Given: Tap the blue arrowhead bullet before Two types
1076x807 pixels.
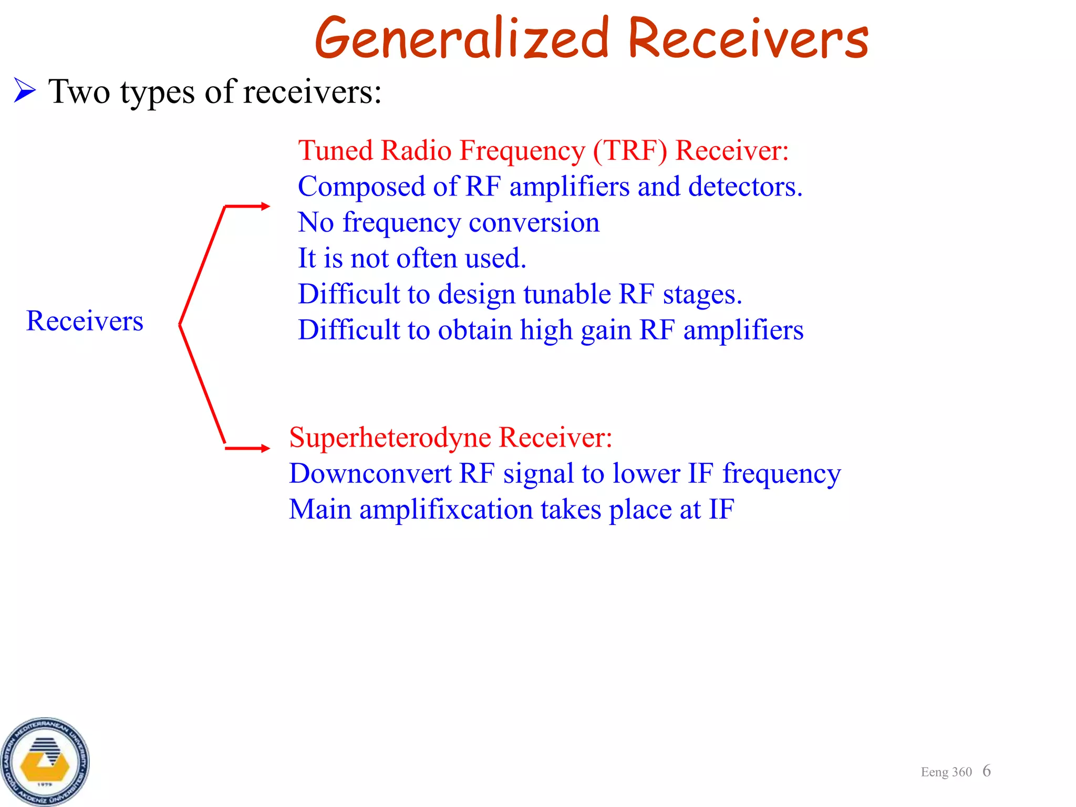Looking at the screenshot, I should point(24,90).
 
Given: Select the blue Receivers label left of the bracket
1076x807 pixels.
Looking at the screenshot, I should point(85,321).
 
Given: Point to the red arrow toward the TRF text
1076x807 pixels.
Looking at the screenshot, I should point(247,206).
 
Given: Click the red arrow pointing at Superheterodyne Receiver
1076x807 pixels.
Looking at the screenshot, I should point(247,448).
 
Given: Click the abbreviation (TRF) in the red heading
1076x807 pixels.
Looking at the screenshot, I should point(630,151).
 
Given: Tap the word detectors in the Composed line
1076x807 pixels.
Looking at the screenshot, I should point(745,187).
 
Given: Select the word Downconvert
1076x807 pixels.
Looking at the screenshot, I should point(370,474).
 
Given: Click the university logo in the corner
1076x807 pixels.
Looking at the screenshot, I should point(45,761).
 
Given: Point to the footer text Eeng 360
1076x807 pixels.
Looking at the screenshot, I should point(946,772).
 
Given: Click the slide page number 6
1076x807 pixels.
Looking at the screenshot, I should point(986,771).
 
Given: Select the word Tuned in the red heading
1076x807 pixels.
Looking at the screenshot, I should point(335,151).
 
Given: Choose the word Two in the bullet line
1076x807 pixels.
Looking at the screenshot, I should point(79,91).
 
